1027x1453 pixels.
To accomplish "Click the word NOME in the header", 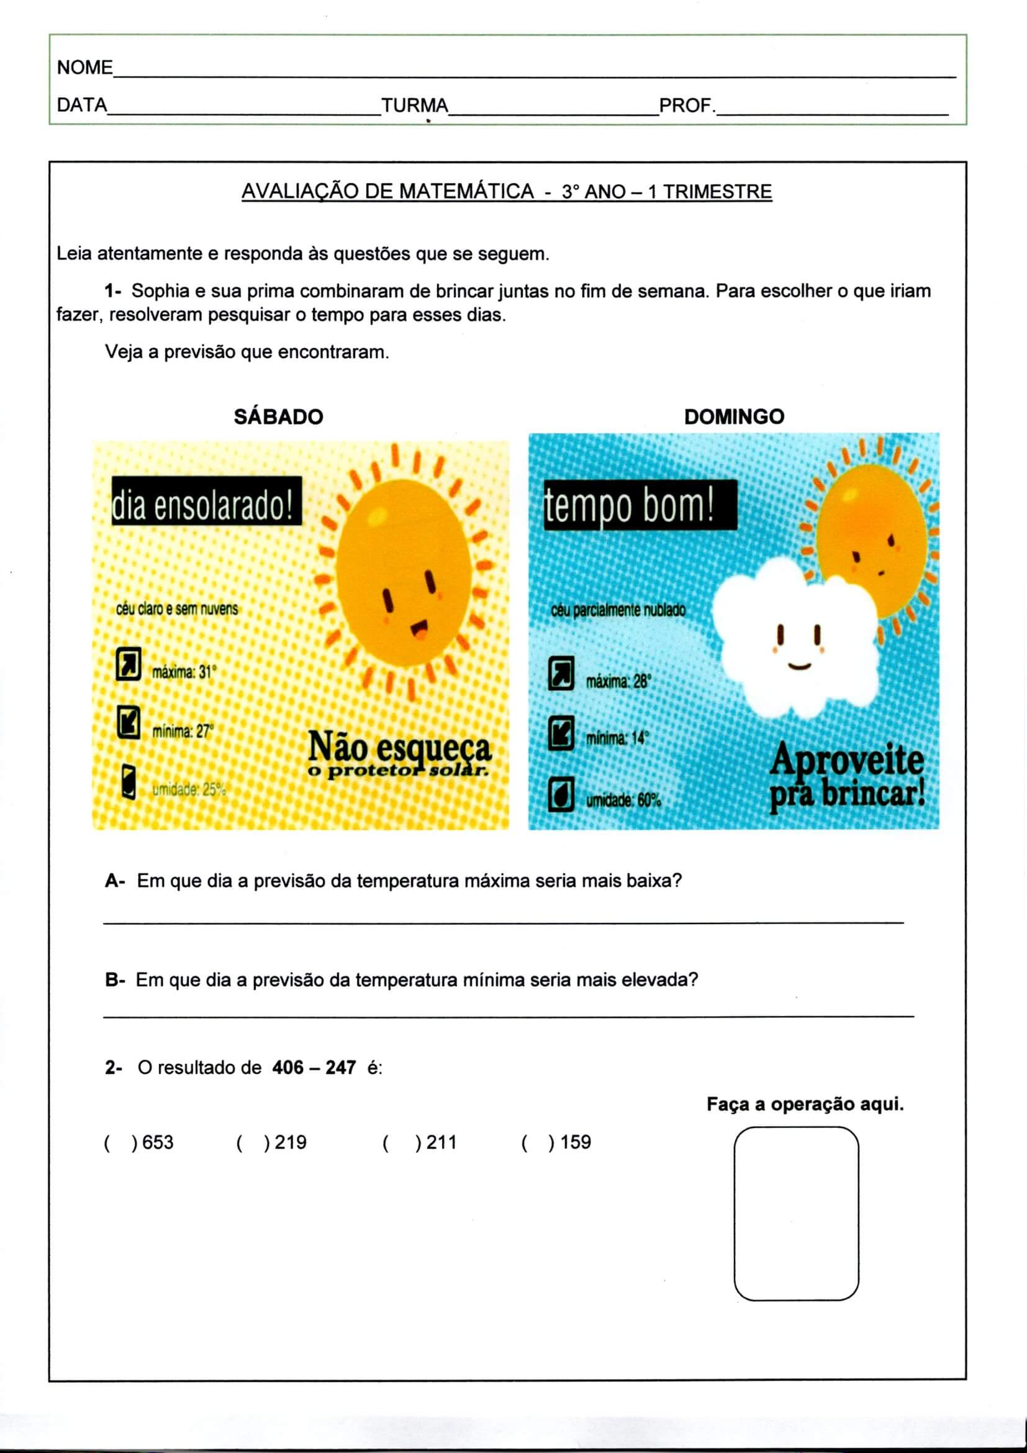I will tap(84, 67).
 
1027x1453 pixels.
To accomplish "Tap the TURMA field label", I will tap(415, 105).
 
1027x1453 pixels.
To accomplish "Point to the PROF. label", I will tap(687, 105).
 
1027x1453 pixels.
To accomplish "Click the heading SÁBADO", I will tap(278, 416).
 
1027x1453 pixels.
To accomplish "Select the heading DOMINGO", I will tap(734, 416).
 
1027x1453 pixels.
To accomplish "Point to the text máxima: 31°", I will tap(184, 672).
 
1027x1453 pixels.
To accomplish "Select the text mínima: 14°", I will tap(617, 738).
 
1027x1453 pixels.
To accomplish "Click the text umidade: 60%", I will tap(623, 800).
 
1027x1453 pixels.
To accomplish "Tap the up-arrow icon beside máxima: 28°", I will tap(561, 672).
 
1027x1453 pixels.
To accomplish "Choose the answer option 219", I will tap(290, 1142).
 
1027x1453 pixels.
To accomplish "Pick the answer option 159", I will tap(575, 1142).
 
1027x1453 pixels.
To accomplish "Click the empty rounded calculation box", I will tap(796, 1213).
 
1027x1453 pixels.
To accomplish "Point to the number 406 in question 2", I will tap(287, 1068).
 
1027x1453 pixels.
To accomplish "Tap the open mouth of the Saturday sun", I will tap(419, 630).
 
